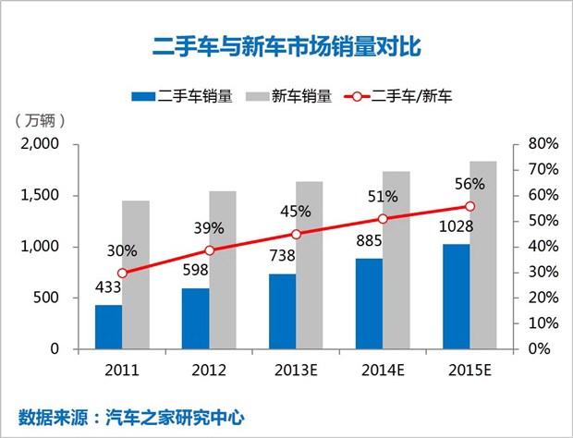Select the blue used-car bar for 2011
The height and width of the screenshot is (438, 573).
108,326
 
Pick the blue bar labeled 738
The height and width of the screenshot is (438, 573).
282,311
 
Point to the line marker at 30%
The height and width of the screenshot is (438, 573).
122,273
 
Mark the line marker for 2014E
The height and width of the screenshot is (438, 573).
383,219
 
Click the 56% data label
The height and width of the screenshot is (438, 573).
469,183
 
